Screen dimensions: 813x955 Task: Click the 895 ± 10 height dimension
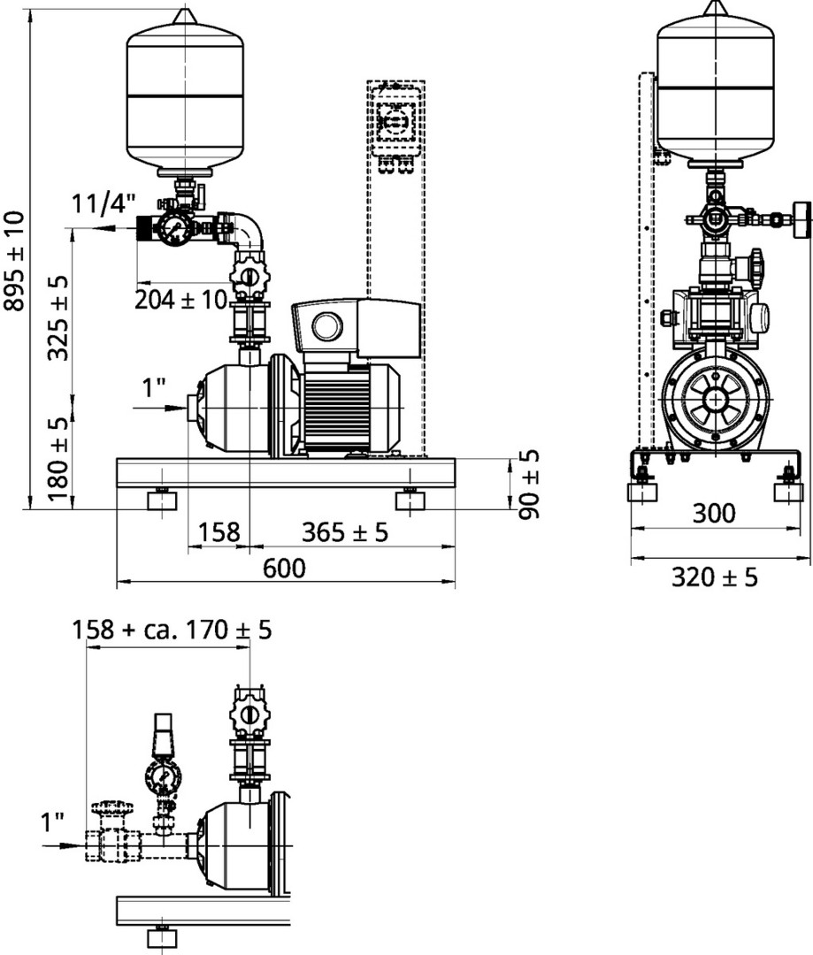(x=14, y=260)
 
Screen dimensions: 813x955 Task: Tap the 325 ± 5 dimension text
(x=59, y=317)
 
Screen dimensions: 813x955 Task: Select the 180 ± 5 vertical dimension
(x=59, y=459)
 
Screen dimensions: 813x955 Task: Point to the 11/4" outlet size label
(x=104, y=203)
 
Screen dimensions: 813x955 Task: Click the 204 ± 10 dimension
(x=181, y=299)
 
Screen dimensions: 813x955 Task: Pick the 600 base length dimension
(x=284, y=569)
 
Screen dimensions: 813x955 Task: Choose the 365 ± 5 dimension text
(x=345, y=531)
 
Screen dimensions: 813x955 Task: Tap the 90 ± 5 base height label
(x=529, y=485)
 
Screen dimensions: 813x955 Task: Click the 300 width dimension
(x=714, y=514)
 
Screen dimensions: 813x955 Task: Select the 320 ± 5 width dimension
(x=714, y=577)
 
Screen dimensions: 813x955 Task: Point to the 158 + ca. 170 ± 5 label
(x=172, y=630)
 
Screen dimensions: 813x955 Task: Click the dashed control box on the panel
(x=396, y=118)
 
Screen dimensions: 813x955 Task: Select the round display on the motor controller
(x=327, y=326)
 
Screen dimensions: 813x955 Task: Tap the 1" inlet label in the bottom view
(x=52, y=823)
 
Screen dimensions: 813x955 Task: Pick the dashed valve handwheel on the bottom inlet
(x=111, y=809)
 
